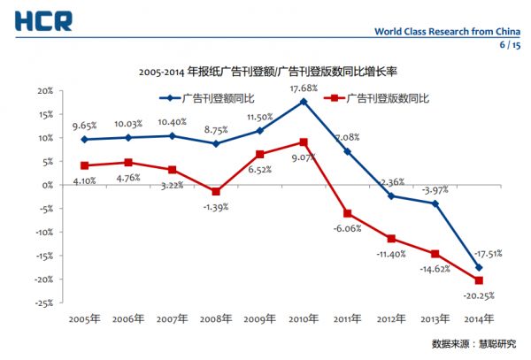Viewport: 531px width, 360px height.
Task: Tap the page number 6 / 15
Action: point(511,44)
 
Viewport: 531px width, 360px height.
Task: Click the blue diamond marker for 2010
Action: point(304,102)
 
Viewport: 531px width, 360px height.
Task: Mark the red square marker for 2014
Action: point(479,280)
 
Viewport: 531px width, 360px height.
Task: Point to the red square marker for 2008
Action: point(216,192)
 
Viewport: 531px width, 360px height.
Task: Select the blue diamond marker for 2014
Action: point(479,267)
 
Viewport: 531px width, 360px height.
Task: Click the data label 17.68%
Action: point(304,88)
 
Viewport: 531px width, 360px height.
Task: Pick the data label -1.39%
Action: point(216,205)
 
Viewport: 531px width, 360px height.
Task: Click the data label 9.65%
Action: point(84,126)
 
